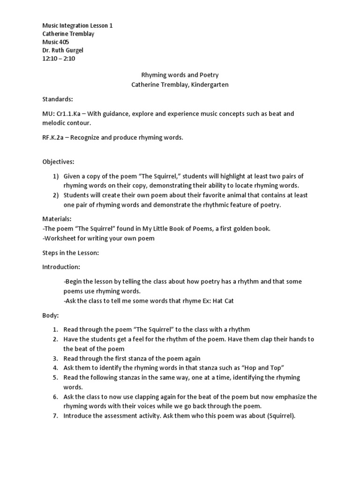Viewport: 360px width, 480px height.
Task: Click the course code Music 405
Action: click(x=56, y=42)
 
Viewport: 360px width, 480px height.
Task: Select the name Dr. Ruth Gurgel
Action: click(x=63, y=51)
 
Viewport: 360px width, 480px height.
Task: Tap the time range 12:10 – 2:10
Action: click(x=59, y=59)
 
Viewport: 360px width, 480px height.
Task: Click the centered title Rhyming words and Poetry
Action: click(x=180, y=75)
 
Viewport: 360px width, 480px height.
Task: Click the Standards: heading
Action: click(x=58, y=99)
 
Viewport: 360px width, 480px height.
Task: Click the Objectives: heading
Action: click(x=58, y=162)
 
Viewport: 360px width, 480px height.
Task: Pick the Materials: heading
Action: click(x=57, y=219)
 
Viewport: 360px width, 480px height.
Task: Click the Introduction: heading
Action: click(x=61, y=267)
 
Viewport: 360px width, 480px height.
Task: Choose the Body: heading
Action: click(x=51, y=316)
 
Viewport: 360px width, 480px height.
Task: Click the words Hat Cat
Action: click(x=223, y=301)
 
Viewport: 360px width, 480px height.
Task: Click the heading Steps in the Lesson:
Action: click(x=70, y=253)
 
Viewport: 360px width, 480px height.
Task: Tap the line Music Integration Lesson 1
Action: click(x=77, y=26)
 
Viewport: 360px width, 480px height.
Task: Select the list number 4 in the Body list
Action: click(x=55, y=368)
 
